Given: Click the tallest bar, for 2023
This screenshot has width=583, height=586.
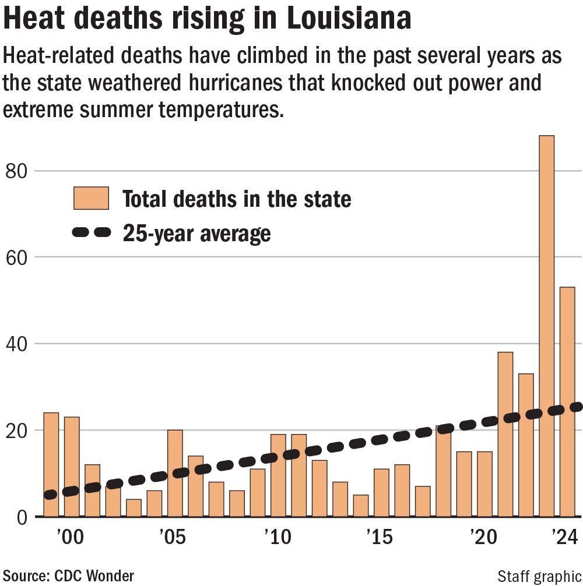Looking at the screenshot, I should click(546, 326).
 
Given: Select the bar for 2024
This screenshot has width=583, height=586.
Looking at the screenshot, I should click(567, 401).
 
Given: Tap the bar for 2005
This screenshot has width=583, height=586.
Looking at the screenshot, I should click(175, 473).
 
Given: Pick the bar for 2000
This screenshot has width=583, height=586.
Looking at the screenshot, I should click(72, 466).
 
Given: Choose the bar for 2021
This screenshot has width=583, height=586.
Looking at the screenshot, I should click(505, 434).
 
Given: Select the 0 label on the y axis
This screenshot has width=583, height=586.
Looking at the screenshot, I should click(22, 517).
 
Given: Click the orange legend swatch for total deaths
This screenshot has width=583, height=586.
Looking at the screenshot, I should click(91, 199).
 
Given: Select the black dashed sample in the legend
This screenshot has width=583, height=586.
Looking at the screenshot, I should click(91, 232).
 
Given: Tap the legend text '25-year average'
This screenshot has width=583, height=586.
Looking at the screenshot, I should click(196, 233).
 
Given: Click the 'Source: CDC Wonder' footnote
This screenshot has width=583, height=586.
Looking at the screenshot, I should click(68, 576).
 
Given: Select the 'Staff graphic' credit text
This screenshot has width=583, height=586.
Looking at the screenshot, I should click(540, 576).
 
